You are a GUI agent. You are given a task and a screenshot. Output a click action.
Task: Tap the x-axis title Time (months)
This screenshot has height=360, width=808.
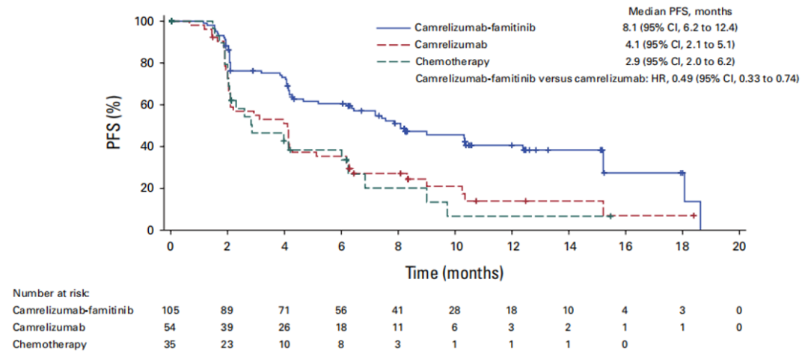[x=454, y=272]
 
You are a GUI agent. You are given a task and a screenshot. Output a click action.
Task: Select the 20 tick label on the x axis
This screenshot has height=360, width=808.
[x=739, y=248]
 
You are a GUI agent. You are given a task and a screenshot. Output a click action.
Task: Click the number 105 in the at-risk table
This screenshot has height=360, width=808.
[x=171, y=311]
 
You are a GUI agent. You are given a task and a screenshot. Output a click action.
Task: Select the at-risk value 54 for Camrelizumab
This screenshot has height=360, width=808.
[x=171, y=328]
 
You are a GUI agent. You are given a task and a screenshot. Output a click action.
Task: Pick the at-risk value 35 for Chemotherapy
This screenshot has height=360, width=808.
[x=171, y=345]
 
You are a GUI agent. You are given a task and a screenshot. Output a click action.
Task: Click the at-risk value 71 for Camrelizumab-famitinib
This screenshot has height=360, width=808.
[x=285, y=311]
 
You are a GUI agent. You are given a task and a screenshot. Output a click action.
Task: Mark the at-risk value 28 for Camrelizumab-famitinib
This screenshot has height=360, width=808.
[x=455, y=311]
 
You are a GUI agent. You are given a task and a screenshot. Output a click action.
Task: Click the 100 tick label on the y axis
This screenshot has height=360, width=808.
[x=144, y=21]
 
